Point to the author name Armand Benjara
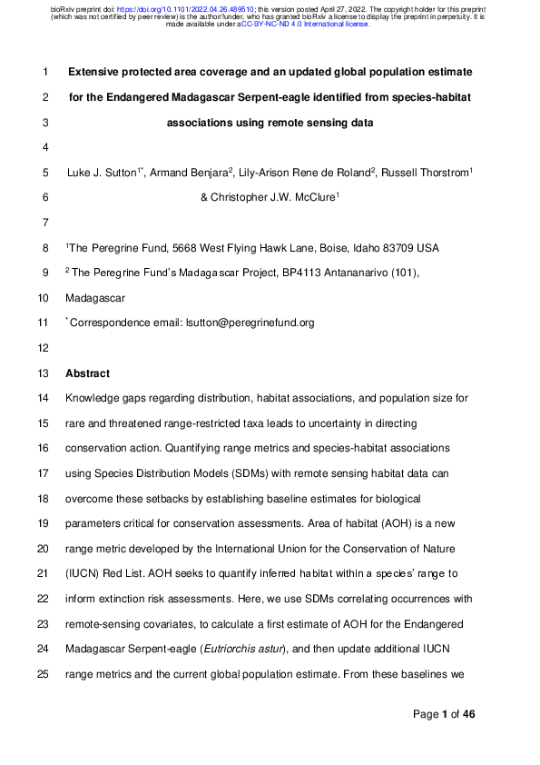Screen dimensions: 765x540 pyautogui.click(x=179, y=173)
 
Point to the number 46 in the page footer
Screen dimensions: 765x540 pyautogui.click(x=468, y=715)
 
